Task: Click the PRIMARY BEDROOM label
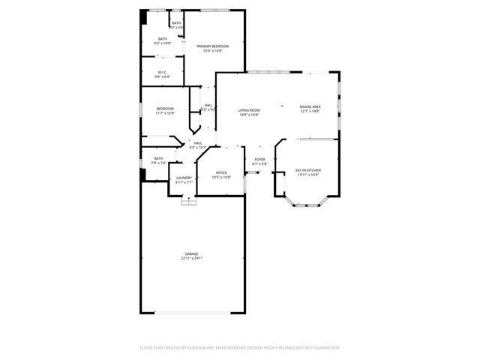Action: pyautogui.click(x=213, y=46)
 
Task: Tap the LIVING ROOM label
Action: pyautogui.click(x=249, y=111)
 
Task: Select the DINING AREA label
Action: pyautogui.click(x=310, y=106)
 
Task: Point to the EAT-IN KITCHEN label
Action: pyautogui.click(x=307, y=170)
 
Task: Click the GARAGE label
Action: pyautogui.click(x=192, y=254)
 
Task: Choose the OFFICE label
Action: pyautogui.click(x=221, y=172)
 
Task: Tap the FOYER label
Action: pyautogui.click(x=260, y=159)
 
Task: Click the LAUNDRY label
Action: pyautogui.click(x=184, y=178)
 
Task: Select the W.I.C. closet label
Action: pyautogui.click(x=162, y=73)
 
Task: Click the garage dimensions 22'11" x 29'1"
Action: pyautogui.click(x=192, y=259)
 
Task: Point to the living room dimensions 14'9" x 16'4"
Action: pyautogui.click(x=249, y=115)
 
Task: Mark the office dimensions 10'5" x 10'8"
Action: pyautogui.click(x=221, y=177)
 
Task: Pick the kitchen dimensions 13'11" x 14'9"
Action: pyautogui.click(x=307, y=175)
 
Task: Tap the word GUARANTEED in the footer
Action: pyautogui.click(x=324, y=348)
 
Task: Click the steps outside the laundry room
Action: pyautogui.click(x=188, y=199)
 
